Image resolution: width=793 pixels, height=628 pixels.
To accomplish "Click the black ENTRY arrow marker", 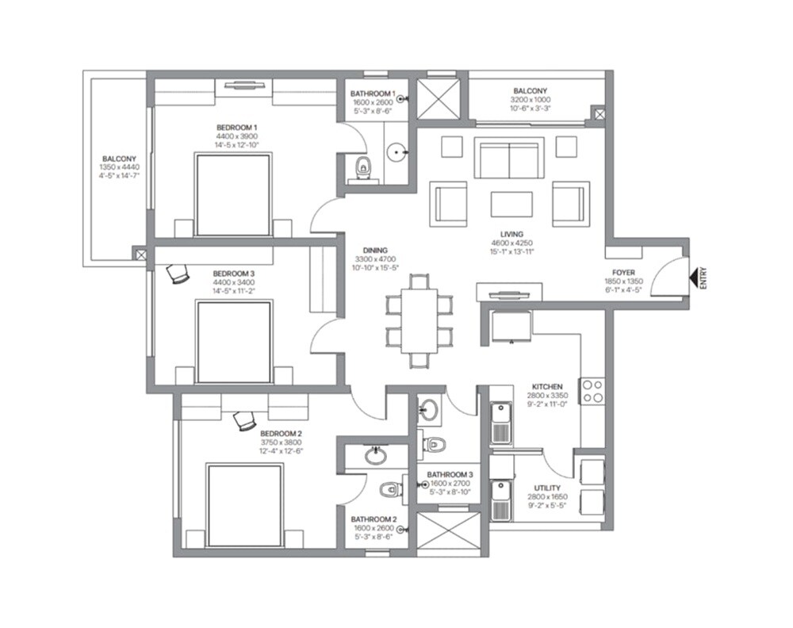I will pyautogui.click(x=695, y=278).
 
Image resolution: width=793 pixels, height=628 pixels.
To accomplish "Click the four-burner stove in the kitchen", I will pyautogui.click(x=592, y=390).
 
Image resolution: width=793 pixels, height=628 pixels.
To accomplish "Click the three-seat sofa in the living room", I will pyautogui.click(x=509, y=159).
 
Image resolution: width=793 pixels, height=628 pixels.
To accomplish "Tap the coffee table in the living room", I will pyautogui.click(x=511, y=204).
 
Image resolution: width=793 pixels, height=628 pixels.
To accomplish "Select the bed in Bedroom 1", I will pyautogui.click(x=233, y=195).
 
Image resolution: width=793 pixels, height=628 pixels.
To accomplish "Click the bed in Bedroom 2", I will pyautogui.click(x=244, y=504).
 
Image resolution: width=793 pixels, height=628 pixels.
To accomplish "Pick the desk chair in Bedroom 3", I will pyautogui.click(x=178, y=274).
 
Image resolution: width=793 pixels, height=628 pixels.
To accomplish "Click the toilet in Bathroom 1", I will pyautogui.click(x=363, y=167).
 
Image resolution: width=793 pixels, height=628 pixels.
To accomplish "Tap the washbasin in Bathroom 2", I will pyautogui.click(x=376, y=456).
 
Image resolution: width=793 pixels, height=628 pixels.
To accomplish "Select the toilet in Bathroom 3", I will pyautogui.click(x=433, y=444).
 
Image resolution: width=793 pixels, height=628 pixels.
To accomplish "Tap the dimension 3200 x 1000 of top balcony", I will pyautogui.click(x=530, y=100).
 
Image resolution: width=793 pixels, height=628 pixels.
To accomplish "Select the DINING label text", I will pyautogui.click(x=364, y=250).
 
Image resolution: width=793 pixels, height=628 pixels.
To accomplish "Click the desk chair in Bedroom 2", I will pyautogui.click(x=245, y=419).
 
